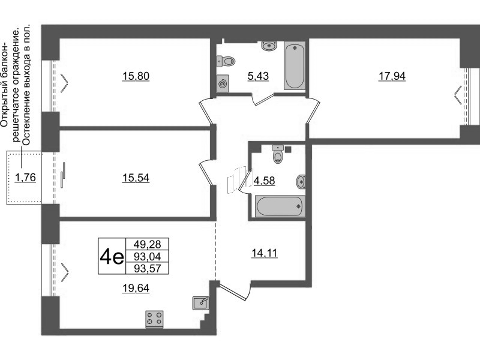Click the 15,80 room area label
[x=136, y=76]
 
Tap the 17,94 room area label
[x=392, y=76]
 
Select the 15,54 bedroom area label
[x=136, y=178]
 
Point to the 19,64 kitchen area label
[x=136, y=288]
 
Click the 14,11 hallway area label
[x=264, y=253]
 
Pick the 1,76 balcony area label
[x=25, y=177]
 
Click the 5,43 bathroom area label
[x=258, y=76]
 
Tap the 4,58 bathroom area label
[x=265, y=181]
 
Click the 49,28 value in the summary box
[x=147, y=244]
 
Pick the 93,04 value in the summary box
[x=147, y=256]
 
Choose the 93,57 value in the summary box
[x=147, y=268]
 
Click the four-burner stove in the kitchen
[x=155, y=319]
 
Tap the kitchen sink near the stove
[x=201, y=303]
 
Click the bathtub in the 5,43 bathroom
[x=295, y=65]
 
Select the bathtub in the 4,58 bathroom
[x=280, y=206]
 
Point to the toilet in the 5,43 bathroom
[x=226, y=61]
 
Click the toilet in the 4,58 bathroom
[x=278, y=154]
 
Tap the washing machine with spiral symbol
[x=223, y=83]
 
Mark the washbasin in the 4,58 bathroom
[x=301, y=182]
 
